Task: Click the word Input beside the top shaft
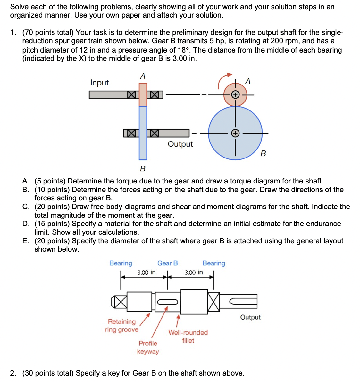[99, 83]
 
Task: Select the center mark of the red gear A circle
[235, 95]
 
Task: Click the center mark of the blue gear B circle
[235, 133]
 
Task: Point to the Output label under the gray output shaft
[180, 144]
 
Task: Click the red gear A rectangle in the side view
[143, 94]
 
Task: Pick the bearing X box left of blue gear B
[131, 133]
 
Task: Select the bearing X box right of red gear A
[155, 95]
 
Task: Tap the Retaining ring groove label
[121, 326]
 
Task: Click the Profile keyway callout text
[148, 347]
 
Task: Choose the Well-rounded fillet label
[188, 337]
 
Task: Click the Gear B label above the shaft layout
[167, 263]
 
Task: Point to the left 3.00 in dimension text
[147, 272]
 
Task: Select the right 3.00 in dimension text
[194, 272]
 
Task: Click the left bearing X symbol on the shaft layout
[119, 302]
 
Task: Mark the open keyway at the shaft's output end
[243, 301]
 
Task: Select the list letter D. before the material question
[26, 224]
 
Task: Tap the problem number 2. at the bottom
[13, 373]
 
